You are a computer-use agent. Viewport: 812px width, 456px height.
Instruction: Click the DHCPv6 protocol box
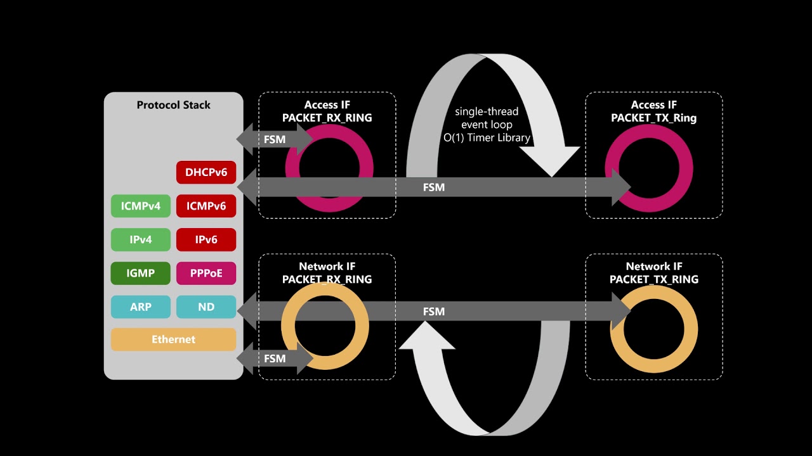click(x=206, y=172)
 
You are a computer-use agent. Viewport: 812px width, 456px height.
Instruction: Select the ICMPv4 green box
click(x=141, y=206)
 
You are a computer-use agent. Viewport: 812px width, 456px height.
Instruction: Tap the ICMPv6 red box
click(x=206, y=206)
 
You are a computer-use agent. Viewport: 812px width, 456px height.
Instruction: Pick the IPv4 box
click(x=141, y=240)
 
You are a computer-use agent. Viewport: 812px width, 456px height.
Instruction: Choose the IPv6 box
click(x=206, y=240)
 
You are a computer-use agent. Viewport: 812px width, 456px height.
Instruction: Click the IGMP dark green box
click(x=141, y=273)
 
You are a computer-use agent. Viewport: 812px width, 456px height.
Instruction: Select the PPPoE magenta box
click(x=206, y=273)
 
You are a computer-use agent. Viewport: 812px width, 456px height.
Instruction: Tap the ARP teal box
click(x=141, y=307)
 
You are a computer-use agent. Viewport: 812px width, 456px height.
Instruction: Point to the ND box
click(x=206, y=307)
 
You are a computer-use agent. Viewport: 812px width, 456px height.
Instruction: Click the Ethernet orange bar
click(x=173, y=339)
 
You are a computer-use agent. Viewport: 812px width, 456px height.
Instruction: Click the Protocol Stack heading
click(x=173, y=105)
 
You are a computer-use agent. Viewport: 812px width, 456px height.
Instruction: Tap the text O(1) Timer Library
click(x=487, y=137)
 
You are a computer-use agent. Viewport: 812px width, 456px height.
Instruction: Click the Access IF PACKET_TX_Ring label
click(x=653, y=111)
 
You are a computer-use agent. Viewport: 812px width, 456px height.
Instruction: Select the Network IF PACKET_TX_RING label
click(x=653, y=273)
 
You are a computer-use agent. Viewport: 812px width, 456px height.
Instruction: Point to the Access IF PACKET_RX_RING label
click(x=327, y=111)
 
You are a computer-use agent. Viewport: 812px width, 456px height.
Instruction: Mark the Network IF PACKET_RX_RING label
click(x=327, y=273)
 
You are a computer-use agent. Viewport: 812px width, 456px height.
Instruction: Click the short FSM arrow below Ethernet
click(x=275, y=358)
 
